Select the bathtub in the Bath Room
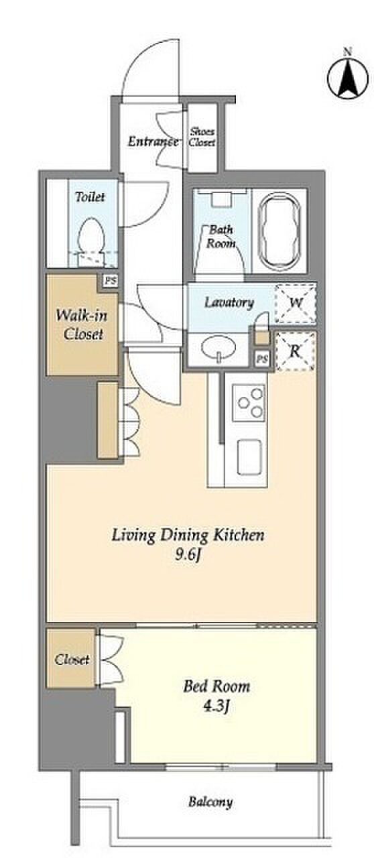(279, 231)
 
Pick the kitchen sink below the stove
(249, 457)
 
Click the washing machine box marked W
(296, 302)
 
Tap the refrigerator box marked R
(295, 351)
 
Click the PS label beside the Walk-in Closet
(111, 281)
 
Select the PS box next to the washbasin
(263, 359)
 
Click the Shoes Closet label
(202, 137)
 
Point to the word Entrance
(153, 141)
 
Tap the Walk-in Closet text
(82, 324)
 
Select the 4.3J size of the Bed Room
(216, 706)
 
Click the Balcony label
(210, 802)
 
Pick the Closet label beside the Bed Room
(72, 659)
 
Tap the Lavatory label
(229, 302)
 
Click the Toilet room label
(90, 197)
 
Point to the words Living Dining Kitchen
(188, 535)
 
